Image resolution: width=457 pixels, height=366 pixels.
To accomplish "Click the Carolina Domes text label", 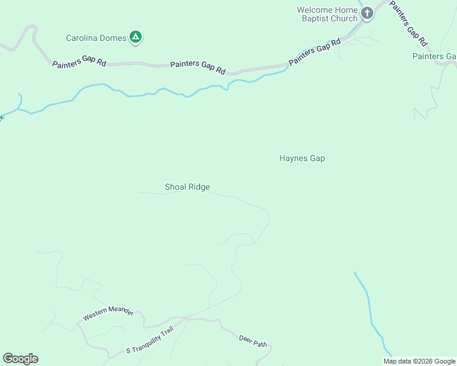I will (96, 38).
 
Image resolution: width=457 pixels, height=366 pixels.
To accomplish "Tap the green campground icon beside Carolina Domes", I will (136, 38).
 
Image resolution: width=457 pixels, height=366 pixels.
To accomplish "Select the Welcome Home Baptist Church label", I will (327, 14).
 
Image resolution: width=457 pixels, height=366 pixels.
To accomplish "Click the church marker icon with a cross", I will (367, 13).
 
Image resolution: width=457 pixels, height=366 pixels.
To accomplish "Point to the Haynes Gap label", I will (302, 158).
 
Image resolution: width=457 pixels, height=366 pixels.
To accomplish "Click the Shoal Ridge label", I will (188, 187).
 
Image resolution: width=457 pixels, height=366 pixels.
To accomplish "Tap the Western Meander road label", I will (108, 314).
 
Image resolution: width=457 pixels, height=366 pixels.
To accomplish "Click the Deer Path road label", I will (253, 341).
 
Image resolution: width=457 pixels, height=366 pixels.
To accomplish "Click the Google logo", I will (20, 359).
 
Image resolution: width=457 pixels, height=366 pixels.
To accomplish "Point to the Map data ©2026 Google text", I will (420, 361).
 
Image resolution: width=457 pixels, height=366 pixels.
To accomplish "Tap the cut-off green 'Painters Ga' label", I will (434, 56).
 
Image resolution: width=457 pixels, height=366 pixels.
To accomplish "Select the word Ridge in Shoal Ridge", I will (199, 187).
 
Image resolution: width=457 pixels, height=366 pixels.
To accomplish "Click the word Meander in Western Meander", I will (120, 311).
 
